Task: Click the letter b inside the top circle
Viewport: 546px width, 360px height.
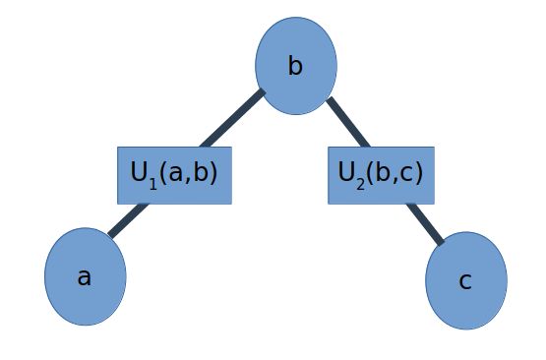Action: point(295,67)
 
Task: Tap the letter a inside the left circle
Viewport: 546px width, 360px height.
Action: point(85,277)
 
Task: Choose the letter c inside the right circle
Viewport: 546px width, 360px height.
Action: point(465,281)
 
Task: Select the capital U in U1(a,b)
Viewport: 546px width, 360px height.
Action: point(139,172)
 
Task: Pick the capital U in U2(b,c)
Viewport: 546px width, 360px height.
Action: point(346,172)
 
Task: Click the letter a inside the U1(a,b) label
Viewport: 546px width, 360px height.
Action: point(176,173)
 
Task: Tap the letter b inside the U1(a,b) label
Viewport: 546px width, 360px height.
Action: point(201,172)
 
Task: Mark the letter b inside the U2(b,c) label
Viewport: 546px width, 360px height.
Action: point(382,172)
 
